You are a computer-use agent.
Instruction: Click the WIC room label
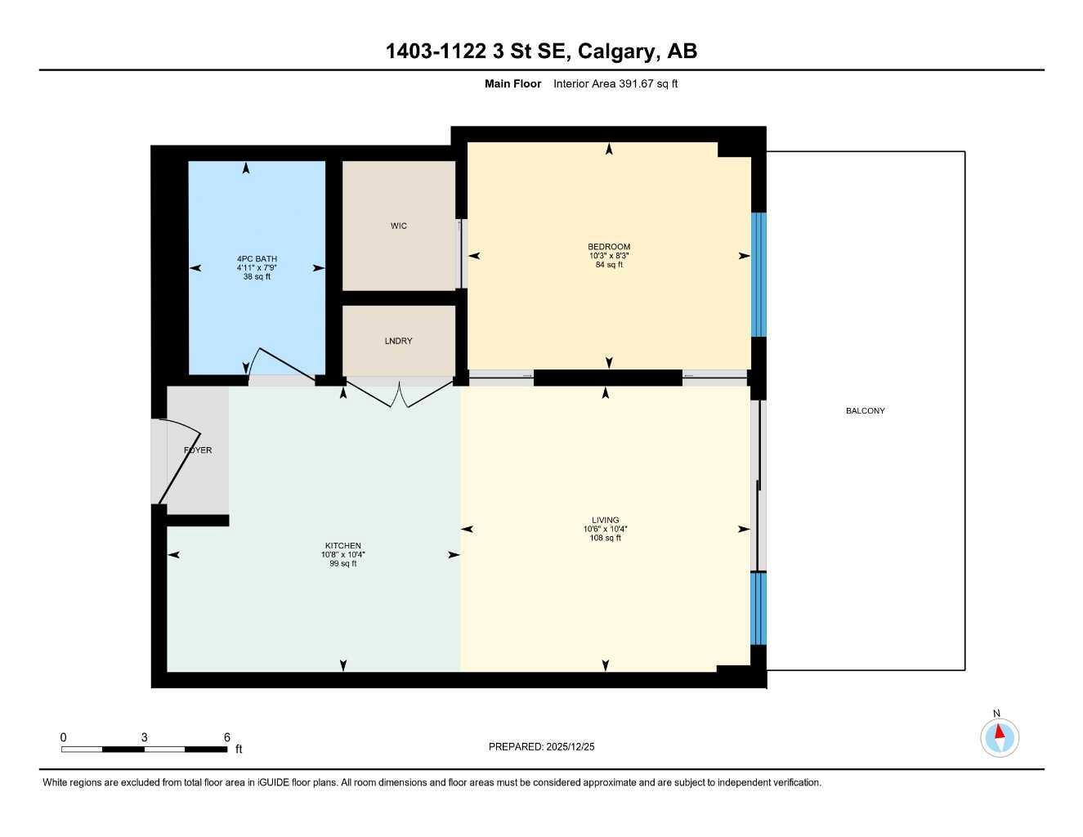point(398,226)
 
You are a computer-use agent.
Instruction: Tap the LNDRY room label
point(398,341)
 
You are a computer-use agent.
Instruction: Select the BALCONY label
point(865,411)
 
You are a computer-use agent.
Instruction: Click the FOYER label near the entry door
point(198,450)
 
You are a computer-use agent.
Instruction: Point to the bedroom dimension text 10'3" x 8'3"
point(608,256)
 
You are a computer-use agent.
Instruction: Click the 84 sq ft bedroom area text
point(608,265)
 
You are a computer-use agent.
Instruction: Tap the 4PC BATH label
point(257,259)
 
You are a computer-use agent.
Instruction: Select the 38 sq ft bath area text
point(257,277)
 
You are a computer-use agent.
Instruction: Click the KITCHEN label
point(342,546)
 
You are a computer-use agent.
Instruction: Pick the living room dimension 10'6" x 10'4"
point(605,529)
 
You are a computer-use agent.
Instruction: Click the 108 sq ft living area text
point(605,538)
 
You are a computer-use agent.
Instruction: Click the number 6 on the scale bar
point(226,737)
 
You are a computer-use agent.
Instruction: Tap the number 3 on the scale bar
point(144,737)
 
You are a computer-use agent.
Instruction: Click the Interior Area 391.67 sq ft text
point(615,83)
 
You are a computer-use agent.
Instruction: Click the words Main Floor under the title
point(512,83)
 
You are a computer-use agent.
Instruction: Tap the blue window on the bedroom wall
point(759,275)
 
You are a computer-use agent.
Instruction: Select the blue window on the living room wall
point(759,608)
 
